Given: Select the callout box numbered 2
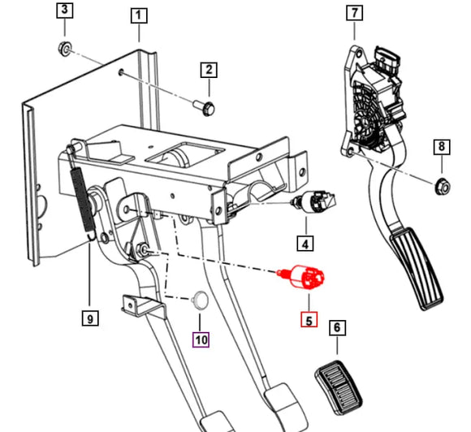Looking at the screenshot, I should (209, 70).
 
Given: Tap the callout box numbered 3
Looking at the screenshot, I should (63, 11).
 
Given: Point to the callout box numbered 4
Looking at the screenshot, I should (305, 242).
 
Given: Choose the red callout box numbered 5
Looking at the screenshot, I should (308, 320).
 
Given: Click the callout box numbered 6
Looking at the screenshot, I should (337, 329).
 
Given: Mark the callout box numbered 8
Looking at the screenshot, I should (441, 147).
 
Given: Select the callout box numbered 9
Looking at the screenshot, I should (90, 319).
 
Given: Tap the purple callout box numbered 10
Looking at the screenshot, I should (200, 339).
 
